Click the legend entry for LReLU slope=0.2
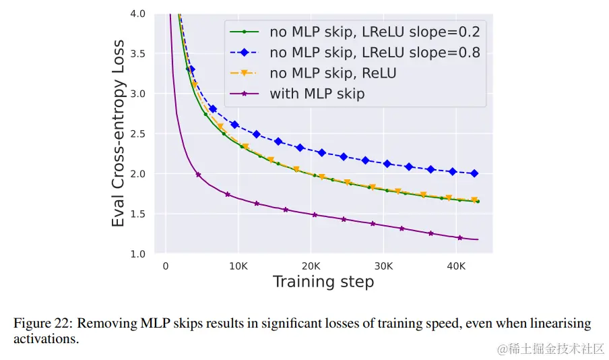[x=375, y=31]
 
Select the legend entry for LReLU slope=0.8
[x=375, y=52]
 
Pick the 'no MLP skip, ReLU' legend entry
[x=333, y=73]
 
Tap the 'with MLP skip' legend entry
[x=317, y=94]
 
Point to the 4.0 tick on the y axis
[x=146, y=13]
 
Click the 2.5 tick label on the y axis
[x=146, y=133]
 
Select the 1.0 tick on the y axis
[x=146, y=253]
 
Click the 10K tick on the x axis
[x=238, y=266]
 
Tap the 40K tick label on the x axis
[x=455, y=266]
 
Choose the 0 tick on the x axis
[x=166, y=266]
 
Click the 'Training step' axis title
[x=323, y=282]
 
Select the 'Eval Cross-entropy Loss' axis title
[x=119, y=134]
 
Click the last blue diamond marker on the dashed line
[x=474, y=173]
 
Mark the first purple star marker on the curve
[x=198, y=175]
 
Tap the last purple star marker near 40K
[x=460, y=237]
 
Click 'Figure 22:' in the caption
[x=42, y=324]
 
